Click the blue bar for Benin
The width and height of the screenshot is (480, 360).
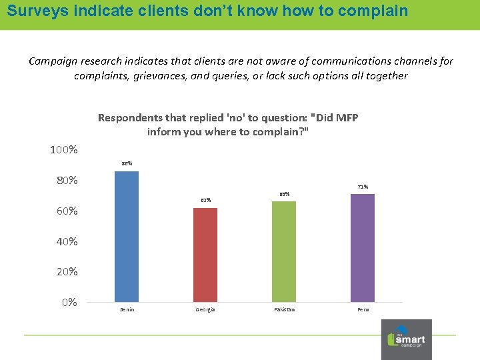tap(127, 237)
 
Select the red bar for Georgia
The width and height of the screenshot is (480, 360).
tap(205, 255)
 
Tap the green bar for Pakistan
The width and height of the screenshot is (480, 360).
tap(284, 251)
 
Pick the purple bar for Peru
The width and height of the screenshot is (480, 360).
tap(363, 248)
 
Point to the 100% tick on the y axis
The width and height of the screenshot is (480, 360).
tap(64, 150)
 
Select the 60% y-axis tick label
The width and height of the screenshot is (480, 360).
tap(66, 211)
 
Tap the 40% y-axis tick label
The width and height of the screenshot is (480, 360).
tap(66, 241)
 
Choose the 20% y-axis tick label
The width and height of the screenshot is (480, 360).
tap(66, 272)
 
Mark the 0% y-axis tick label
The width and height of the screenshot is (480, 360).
tap(69, 303)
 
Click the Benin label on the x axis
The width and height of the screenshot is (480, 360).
tap(127, 310)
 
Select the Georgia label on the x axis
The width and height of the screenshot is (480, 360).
tap(205, 310)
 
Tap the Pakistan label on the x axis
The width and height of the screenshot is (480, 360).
tap(284, 310)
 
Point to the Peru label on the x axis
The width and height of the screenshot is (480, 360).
tap(363, 310)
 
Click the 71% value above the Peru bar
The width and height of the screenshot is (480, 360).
tap(363, 187)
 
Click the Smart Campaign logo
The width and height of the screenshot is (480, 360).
tap(406, 339)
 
